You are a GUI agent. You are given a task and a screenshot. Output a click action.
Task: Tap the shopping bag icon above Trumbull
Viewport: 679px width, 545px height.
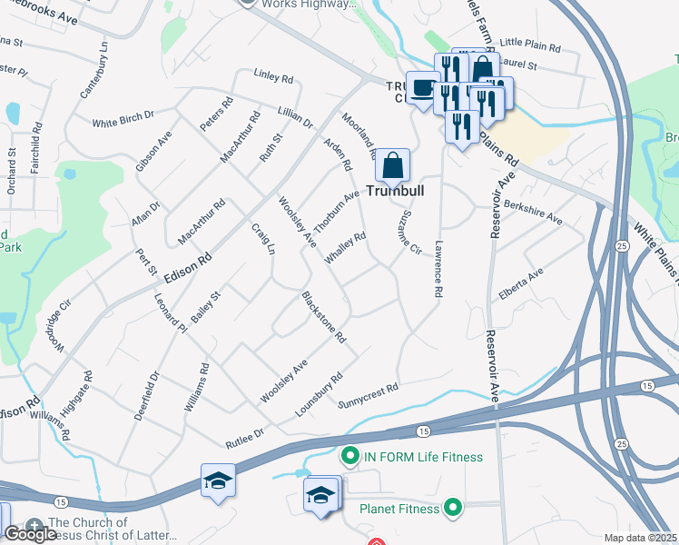click(392, 165)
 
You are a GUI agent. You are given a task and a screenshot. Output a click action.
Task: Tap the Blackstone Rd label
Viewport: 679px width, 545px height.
click(324, 317)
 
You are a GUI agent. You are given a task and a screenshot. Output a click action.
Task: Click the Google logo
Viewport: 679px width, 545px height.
click(30, 534)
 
